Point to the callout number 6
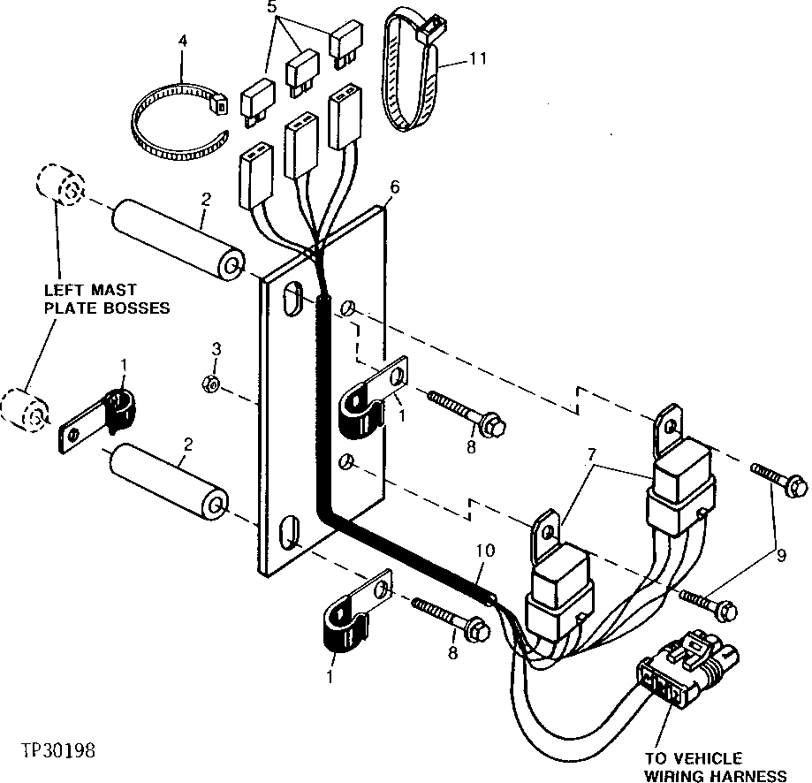(394, 187)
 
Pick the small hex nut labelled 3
(211, 383)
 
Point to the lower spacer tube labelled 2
(173, 488)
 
